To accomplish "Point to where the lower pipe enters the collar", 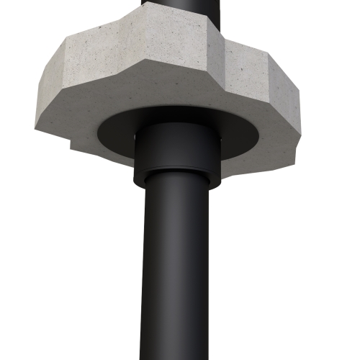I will coord(174,184).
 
